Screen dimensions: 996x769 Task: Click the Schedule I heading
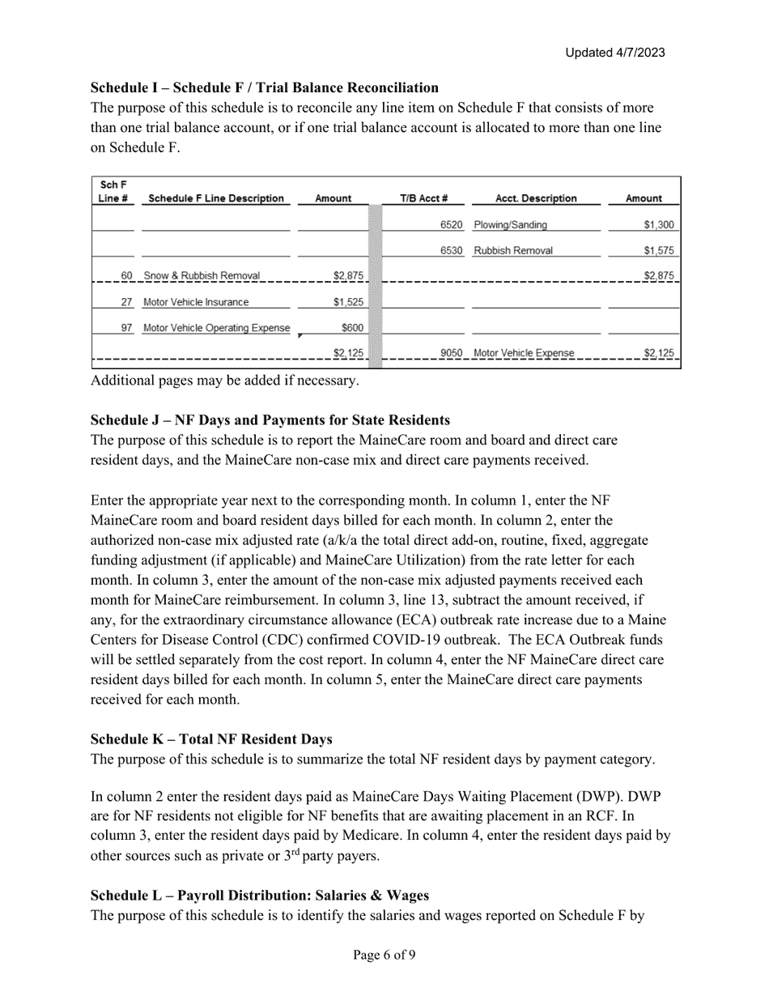pyautogui.click(x=265, y=87)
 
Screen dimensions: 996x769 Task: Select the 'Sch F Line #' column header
pyautogui.click(x=113, y=192)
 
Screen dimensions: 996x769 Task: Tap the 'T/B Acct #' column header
pyautogui.click(x=423, y=198)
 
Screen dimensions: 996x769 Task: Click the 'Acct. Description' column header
pyautogui.click(x=536, y=198)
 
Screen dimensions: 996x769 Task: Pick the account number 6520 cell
pyautogui.click(x=451, y=225)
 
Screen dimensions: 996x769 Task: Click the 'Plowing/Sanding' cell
pyautogui.click(x=510, y=225)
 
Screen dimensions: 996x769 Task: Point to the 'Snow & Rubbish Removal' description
pyautogui.click(x=202, y=276)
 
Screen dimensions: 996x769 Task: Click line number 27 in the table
pyautogui.click(x=126, y=302)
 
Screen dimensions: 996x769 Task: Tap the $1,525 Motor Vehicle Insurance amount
pyautogui.click(x=348, y=302)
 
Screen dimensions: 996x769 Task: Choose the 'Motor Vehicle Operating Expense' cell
pyautogui.click(x=216, y=328)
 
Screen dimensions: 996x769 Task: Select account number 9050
pyautogui.click(x=451, y=353)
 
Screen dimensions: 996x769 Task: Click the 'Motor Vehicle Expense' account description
pyautogui.click(x=524, y=353)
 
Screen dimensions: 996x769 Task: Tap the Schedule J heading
pyautogui.click(x=270, y=420)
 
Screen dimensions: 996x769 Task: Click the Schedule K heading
pyautogui.click(x=211, y=739)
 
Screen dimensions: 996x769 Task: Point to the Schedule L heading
pyautogui.click(x=260, y=896)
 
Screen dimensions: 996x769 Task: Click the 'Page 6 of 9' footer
pyautogui.click(x=384, y=955)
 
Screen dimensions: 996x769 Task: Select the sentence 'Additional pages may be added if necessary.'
pyautogui.click(x=224, y=380)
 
